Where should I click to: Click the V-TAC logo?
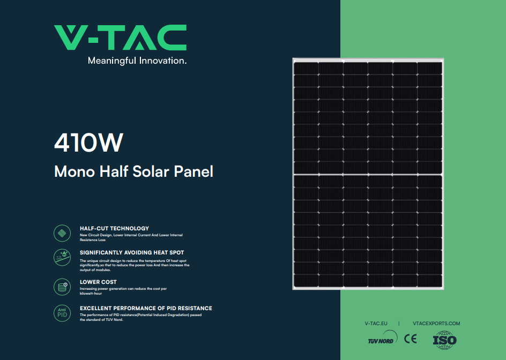click(x=121, y=37)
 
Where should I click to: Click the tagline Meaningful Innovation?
click(x=137, y=61)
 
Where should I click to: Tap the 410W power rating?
click(x=89, y=142)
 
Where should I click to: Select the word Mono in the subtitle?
click(x=75, y=171)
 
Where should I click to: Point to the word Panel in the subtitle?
click(x=194, y=171)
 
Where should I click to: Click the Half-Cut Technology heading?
click(x=114, y=228)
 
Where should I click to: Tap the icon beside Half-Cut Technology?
click(x=62, y=233)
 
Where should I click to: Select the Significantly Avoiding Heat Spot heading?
click(x=132, y=252)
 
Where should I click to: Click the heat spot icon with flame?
click(x=62, y=258)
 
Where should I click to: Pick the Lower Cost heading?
click(x=98, y=282)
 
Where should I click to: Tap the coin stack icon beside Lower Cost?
click(x=62, y=287)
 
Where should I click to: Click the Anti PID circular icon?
click(x=62, y=313)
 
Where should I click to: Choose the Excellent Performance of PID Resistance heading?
click(x=146, y=309)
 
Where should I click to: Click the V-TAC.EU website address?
click(x=376, y=324)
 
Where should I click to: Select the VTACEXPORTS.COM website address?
click(x=436, y=324)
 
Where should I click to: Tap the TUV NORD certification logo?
click(x=383, y=337)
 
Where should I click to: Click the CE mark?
click(x=411, y=339)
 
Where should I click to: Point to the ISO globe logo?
click(x=445, y=340)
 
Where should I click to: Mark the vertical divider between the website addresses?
click(x=399, y=324)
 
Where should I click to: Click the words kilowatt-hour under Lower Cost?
click(x=91, y=294)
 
